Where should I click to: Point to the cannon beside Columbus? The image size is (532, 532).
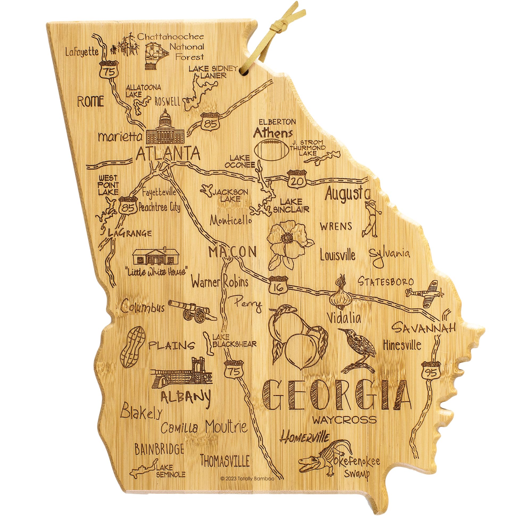coord(193,310)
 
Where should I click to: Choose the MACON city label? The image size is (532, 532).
coord(233,251)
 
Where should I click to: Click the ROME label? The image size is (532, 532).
coord(91,102)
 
